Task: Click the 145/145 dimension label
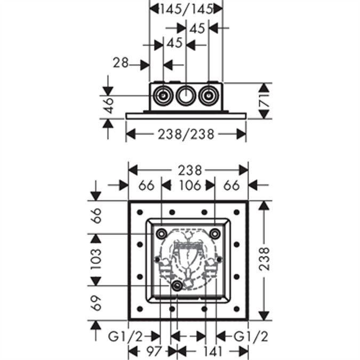(x=186, y=10)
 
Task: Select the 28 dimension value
(x=121, y=63)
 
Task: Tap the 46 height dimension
(x=109, y=105)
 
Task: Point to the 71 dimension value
(x=264, y=101)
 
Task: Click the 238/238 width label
(x=186, y=134)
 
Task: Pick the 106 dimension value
(x=190, y=185)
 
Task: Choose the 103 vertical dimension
(x=96, y=259)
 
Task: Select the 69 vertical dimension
(x=96, y=303)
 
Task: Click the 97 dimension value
(x=154, y=351)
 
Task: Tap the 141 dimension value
(x=212, y=351)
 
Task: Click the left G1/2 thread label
(x=125, y=337)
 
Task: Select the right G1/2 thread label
(x=251, y=337)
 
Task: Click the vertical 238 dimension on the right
(x=264, y=259)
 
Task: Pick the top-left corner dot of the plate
(x=140, y=212)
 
